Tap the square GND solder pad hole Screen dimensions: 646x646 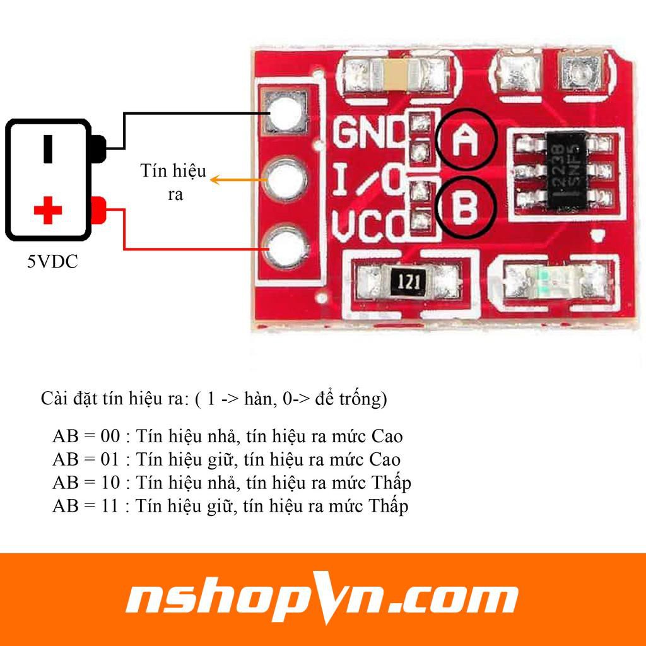[x=288, y=112]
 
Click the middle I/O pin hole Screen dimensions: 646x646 [x=288, y=180]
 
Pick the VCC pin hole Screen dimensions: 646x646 [x=288, y=247]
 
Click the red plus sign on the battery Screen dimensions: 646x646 [x=47, y=211]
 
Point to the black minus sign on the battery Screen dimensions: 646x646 [x=48, y=148]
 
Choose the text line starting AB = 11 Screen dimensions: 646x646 [x=230, y=505]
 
